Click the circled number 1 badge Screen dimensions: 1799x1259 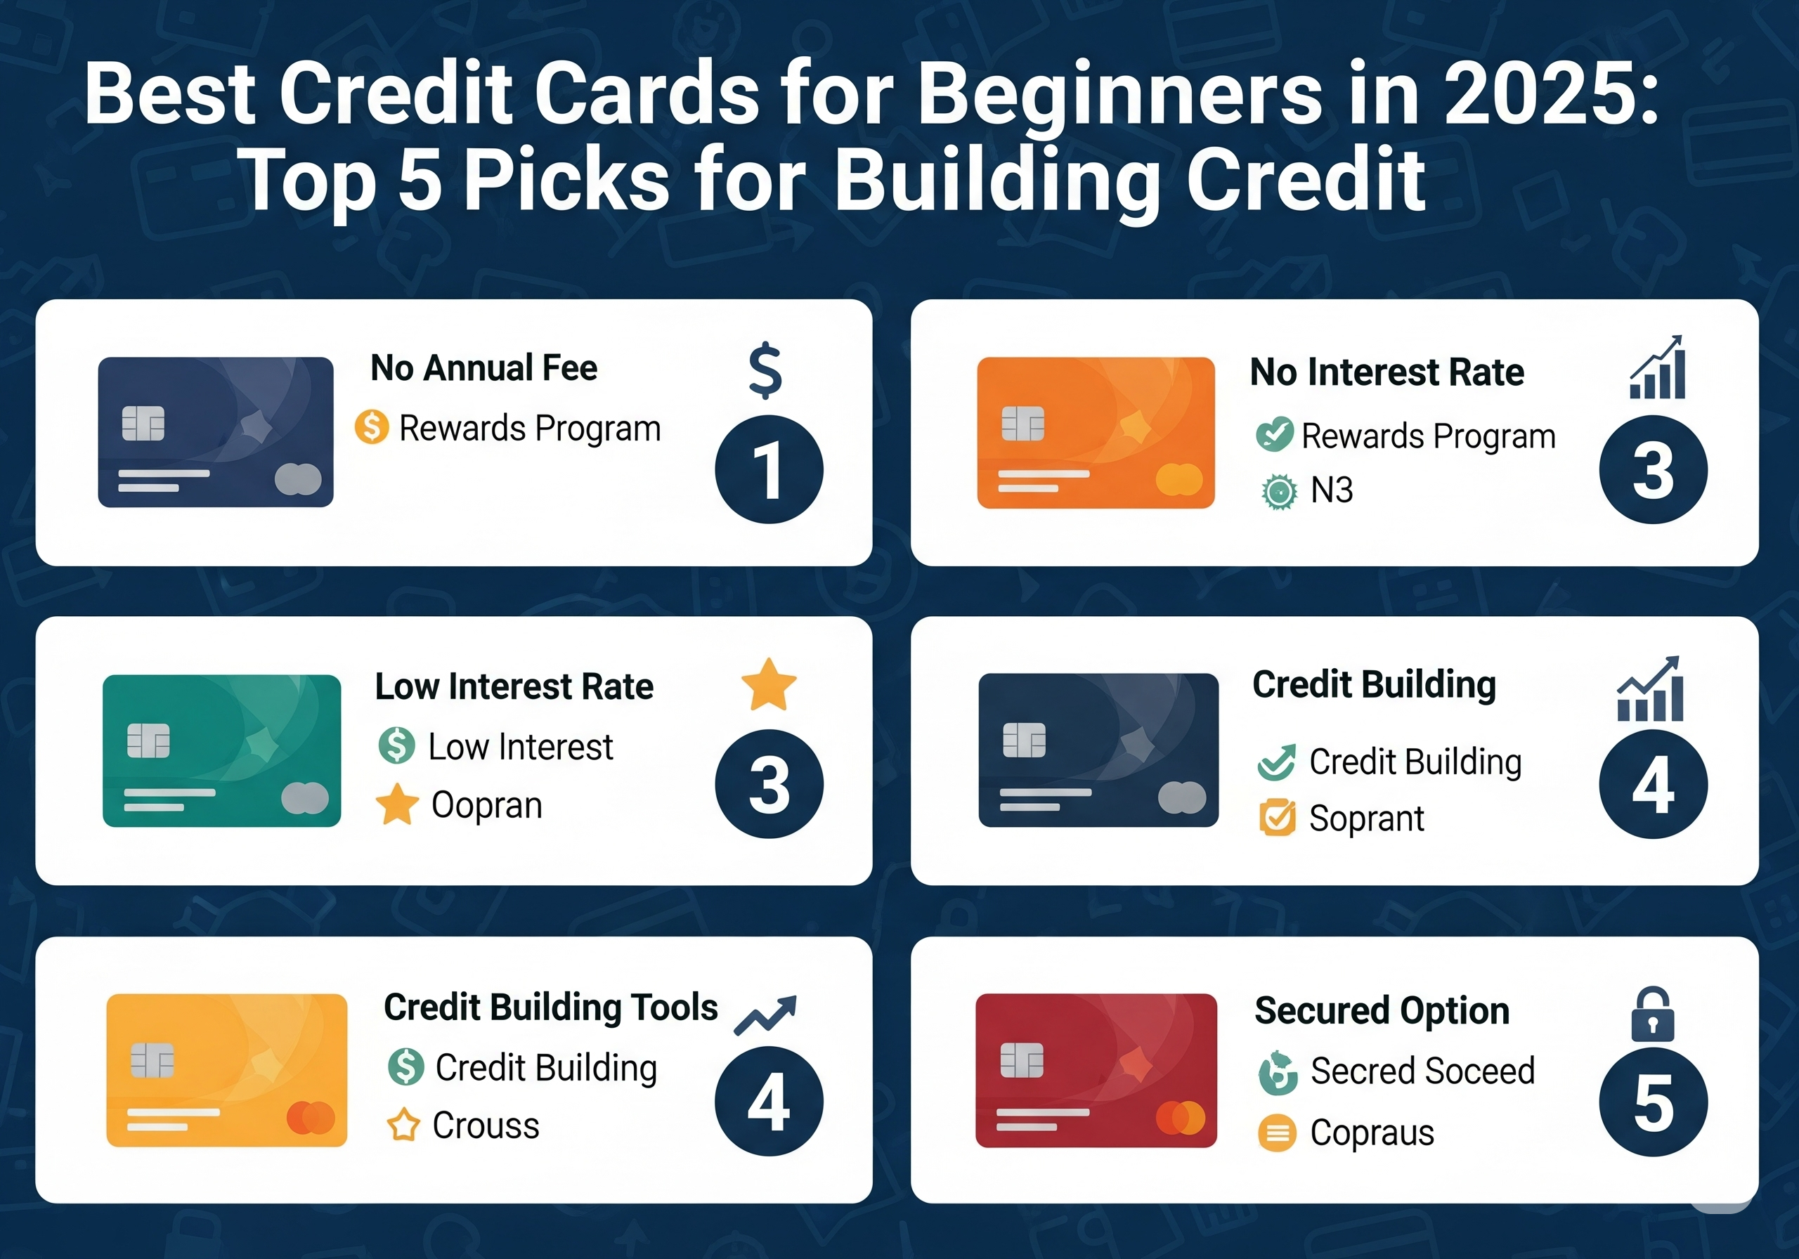point(769,469)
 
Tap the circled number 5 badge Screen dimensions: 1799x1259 point(1654,1102)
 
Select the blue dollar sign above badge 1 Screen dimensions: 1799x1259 point(765,370)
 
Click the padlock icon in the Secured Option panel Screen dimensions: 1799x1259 point(1652,1014)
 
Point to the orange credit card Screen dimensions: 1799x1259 point(1096,433)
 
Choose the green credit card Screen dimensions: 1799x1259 point(222,750)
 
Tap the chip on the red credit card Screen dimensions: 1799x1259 point(1022,1061)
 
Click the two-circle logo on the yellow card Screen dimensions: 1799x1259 point(311,1118)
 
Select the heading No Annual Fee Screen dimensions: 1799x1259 point(483,367)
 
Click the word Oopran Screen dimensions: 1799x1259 point(486,806)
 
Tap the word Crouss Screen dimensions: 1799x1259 point(486,1126)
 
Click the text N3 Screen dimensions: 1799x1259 point(1332,490)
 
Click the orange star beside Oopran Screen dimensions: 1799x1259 point(397,804)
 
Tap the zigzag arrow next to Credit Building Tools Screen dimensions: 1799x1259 point(765,1015)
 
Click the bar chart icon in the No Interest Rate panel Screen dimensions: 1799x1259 point(1656,367)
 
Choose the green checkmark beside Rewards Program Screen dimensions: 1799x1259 point(1274,435)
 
